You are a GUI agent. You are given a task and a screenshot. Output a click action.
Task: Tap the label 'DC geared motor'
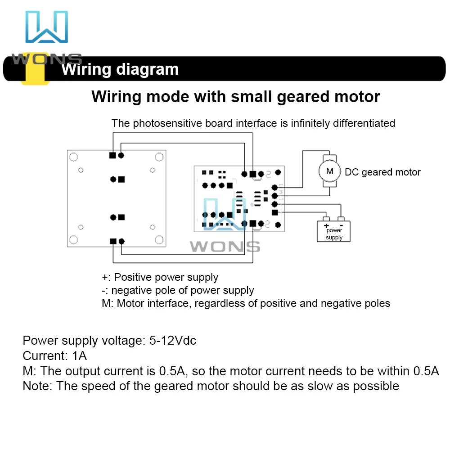[382, 172]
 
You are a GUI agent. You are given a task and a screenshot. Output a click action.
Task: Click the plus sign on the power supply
[326, 225]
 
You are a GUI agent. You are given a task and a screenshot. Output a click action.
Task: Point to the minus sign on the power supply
[341, 225]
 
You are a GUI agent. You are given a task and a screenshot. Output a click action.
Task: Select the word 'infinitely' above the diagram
[310, 123]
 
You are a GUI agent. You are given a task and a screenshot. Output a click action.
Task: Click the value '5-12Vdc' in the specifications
[173, 341]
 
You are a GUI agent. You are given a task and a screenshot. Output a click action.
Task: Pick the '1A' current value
[79, 356]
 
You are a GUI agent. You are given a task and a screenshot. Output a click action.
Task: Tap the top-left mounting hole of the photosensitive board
[74, 157]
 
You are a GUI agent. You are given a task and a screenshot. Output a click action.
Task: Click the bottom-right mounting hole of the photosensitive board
[158, 239]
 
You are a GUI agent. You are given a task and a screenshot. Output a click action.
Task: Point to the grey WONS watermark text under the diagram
[225, 246]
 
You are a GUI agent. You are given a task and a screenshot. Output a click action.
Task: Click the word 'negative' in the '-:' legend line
[132, 290]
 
